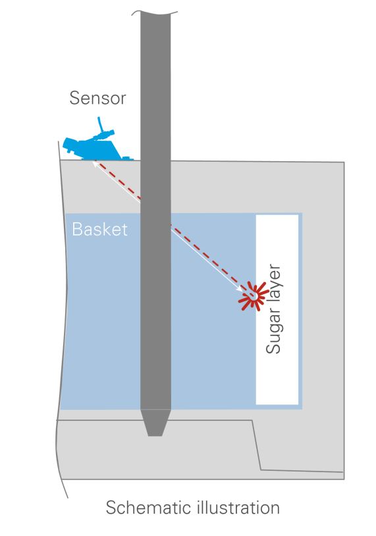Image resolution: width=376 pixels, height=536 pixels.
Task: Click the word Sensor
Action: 98,98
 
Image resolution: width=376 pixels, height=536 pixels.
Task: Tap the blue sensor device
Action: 95,146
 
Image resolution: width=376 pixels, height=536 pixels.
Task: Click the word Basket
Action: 99,229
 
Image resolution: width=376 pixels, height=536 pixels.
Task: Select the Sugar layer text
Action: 273,308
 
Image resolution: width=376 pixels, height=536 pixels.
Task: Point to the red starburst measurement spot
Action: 254,296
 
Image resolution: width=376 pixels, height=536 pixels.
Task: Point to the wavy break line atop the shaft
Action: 155,12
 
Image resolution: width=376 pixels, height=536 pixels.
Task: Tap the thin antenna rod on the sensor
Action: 100,124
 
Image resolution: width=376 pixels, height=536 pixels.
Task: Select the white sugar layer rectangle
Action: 277,309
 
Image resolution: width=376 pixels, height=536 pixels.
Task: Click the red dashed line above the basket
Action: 119,180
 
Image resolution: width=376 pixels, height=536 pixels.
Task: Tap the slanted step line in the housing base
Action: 257,445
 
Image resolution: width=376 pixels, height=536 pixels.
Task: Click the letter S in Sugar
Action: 273,347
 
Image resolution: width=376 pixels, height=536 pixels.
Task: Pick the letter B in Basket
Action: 77,229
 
